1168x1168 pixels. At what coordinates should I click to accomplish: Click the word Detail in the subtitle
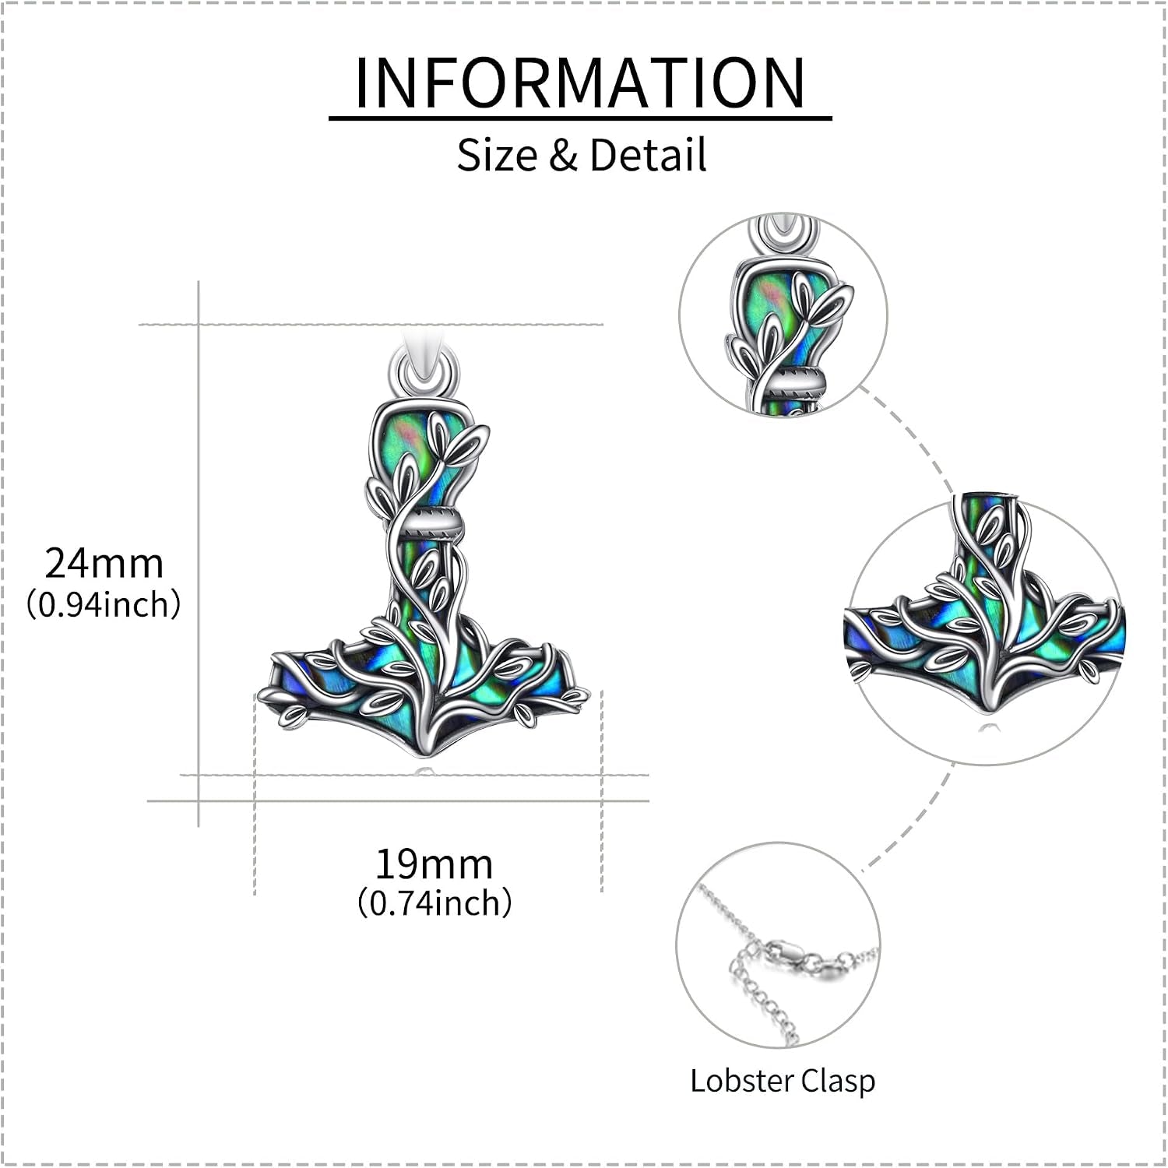(648, 154)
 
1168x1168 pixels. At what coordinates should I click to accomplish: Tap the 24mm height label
(104, 563)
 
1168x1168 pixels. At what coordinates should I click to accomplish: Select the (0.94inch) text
(104, 603)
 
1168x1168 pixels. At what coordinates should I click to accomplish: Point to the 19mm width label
(434, 864)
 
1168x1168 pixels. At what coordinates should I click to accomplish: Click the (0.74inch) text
(434, 902)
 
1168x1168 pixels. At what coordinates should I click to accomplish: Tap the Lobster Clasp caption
(783, 1081)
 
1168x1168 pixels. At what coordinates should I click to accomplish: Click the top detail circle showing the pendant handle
(783, 314)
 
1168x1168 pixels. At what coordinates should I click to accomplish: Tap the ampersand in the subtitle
(562, 154)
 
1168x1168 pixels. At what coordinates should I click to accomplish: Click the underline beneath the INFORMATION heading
(580, 118)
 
